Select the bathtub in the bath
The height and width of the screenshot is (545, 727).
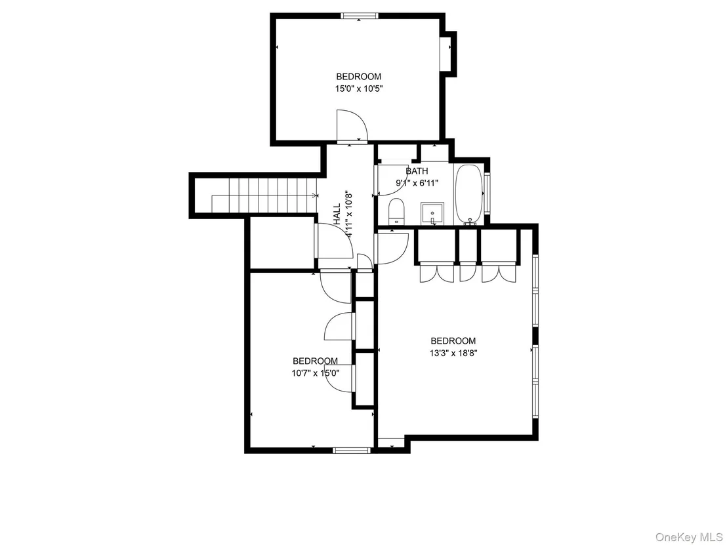point(468,195)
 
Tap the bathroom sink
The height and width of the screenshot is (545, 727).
point(432,212)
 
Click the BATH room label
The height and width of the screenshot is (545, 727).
point(417,171)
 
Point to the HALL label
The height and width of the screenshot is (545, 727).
point(337,213)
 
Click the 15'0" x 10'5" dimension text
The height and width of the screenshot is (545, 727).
point(359,89)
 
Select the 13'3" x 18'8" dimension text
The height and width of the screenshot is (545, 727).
point(453,353)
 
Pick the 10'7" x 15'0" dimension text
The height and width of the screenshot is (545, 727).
point(316,373)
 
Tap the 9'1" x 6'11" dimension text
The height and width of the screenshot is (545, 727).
point(417,183)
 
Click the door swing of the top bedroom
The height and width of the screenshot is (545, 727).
point(352,125)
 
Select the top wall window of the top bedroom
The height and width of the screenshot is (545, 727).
point(360,16)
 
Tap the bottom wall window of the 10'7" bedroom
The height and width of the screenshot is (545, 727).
point(352,449)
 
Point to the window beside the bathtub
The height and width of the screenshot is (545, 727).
point(487,193)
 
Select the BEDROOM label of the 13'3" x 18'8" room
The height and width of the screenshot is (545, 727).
point(453,341)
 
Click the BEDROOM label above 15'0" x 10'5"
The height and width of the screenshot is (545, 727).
point(359,77)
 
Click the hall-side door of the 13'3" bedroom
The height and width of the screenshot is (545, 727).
point(392,249)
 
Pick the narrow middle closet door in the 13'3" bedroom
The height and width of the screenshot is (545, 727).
point(468,272)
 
